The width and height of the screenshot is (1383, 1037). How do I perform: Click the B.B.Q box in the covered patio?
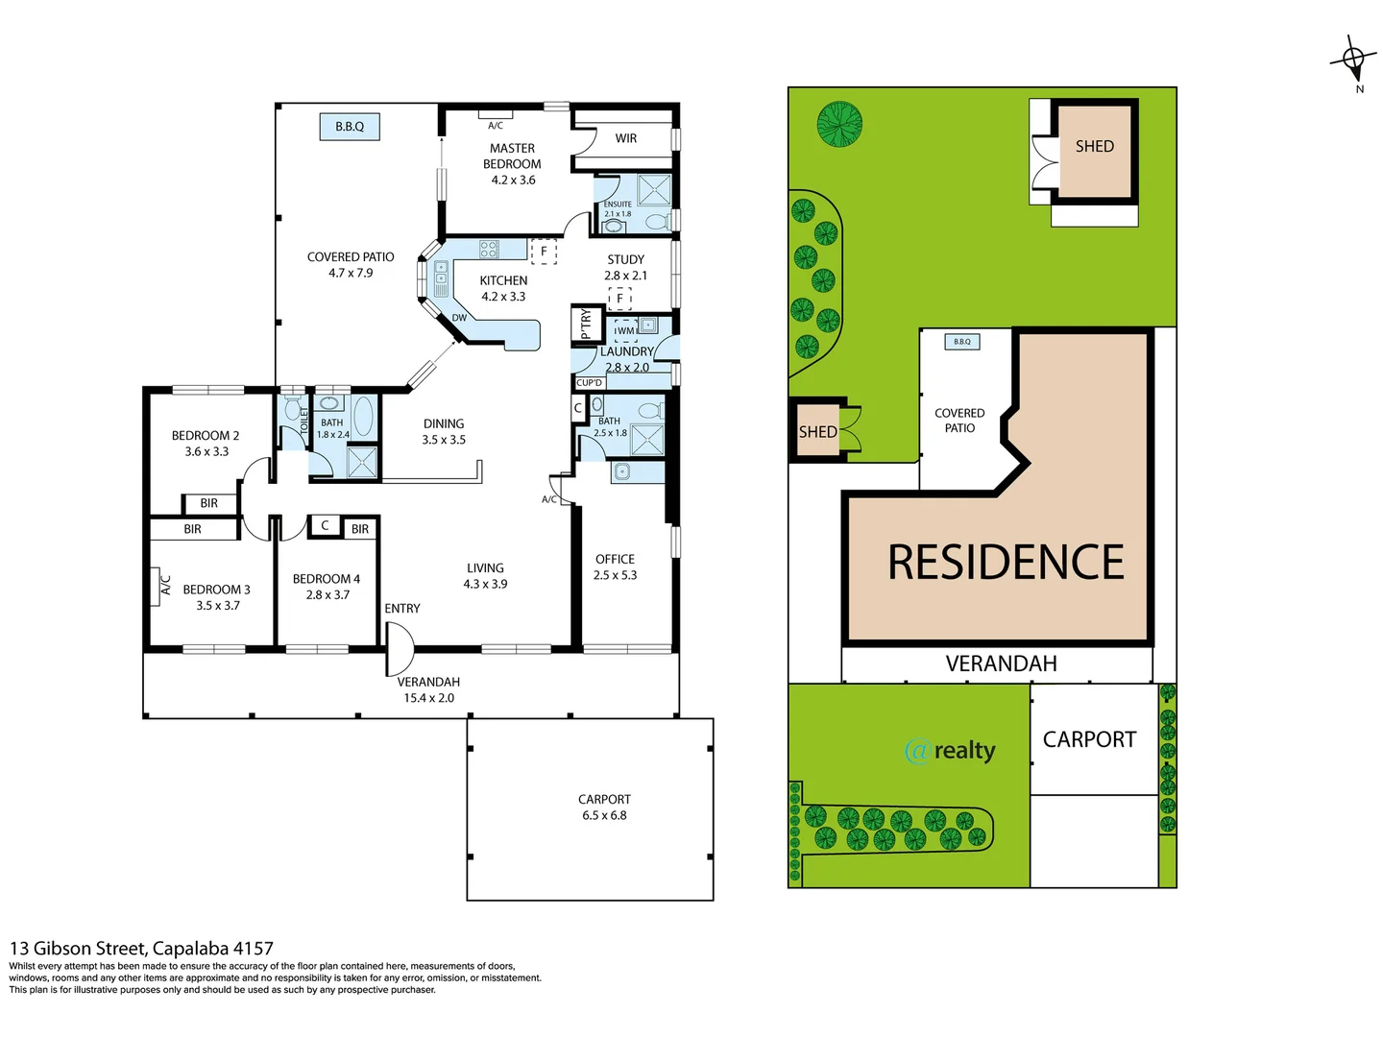(x=350, y=127)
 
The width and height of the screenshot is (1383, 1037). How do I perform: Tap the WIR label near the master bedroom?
(x=626, y=138)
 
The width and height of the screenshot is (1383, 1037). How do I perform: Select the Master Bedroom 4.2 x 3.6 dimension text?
(x=513, y=181)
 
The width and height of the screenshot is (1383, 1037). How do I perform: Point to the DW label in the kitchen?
(x=459, y=318)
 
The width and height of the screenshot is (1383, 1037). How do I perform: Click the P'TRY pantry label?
(x=586, y=325)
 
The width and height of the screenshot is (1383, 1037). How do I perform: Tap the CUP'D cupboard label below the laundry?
(x=590, y=383)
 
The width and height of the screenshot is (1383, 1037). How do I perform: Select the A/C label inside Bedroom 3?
(x=165, y=586)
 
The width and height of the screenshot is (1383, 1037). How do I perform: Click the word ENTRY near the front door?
(x=402, y=609)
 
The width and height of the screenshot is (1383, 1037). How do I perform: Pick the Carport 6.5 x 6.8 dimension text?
(x=604, y=816)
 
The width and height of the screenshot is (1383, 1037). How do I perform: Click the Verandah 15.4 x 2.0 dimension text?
(x=428, y=698)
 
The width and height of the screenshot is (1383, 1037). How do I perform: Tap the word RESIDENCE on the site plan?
(x=1006, y=563)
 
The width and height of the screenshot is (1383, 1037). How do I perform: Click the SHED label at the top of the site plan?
(x=1095, y=147)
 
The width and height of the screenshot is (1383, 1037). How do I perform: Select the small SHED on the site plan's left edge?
(x=817, y=432)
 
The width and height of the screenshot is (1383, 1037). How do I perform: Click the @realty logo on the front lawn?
(x=950, y=750)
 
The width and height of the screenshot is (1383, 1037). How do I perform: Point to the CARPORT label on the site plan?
(x=1089, y=739)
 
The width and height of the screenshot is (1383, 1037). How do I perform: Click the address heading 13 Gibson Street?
(x=141, y=949)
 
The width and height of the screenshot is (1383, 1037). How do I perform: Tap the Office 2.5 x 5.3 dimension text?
(x=615, y=575)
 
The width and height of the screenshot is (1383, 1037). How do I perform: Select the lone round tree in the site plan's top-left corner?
(x=839, y=124)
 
